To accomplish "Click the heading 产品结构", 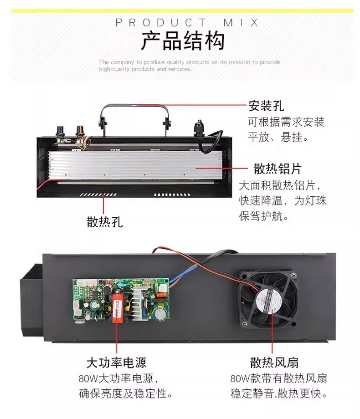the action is point(183,41).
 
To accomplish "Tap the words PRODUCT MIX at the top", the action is point(187,23).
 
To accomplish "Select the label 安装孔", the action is point(266,106).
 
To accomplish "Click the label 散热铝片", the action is point(278,169).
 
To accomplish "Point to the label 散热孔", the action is point(105,222).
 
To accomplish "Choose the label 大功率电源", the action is point(116,363).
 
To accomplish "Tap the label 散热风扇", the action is point(274,363).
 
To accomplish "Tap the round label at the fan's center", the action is point(268,300).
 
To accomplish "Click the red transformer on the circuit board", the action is point(118,307).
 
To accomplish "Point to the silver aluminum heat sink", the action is point(135,165).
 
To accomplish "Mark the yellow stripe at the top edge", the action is point(182,11).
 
